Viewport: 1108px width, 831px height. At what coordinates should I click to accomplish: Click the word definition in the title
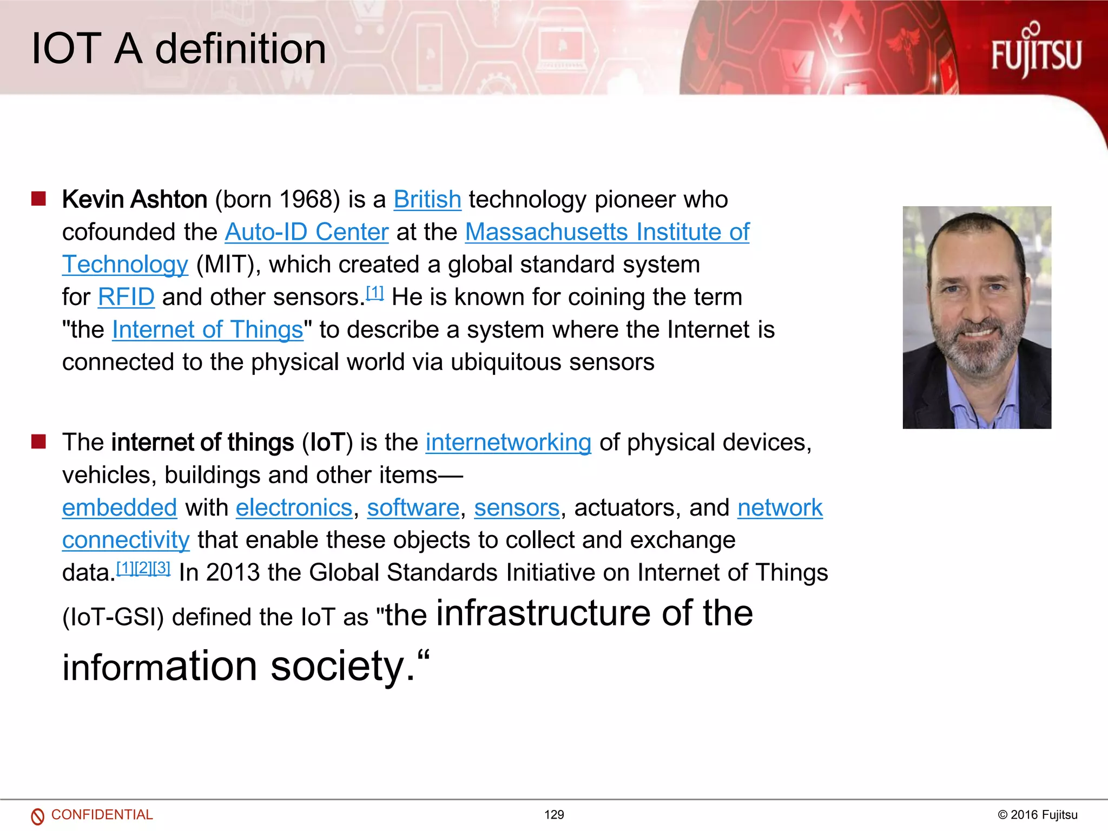[241, 49]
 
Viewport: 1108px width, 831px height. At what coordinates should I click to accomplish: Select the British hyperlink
[427, 200]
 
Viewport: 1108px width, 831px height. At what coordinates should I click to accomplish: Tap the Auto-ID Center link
[306, 232]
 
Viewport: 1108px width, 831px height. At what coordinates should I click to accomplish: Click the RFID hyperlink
[126, 297]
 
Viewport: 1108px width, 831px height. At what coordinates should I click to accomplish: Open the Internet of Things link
[207, 329]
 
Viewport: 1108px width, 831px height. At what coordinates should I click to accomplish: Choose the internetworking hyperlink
[508, 443]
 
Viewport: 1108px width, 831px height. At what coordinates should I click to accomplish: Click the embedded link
[120, 507]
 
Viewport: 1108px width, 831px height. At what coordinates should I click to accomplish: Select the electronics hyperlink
[294, 507]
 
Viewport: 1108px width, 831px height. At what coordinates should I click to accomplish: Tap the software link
[413, 507]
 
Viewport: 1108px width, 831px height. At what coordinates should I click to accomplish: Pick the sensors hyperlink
[516, 507]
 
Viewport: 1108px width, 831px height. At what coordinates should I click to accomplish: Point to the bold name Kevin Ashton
[135, 200]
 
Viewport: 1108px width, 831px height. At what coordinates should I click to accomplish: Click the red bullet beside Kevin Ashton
[38, 199]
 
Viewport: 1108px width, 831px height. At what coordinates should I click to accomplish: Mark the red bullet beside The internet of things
[38, 441]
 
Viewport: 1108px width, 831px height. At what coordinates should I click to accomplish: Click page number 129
[554, 815]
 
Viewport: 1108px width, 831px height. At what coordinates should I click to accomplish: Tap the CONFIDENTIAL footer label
[102, 815]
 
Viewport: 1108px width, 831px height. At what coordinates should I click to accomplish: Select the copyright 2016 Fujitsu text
[1037, 815]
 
